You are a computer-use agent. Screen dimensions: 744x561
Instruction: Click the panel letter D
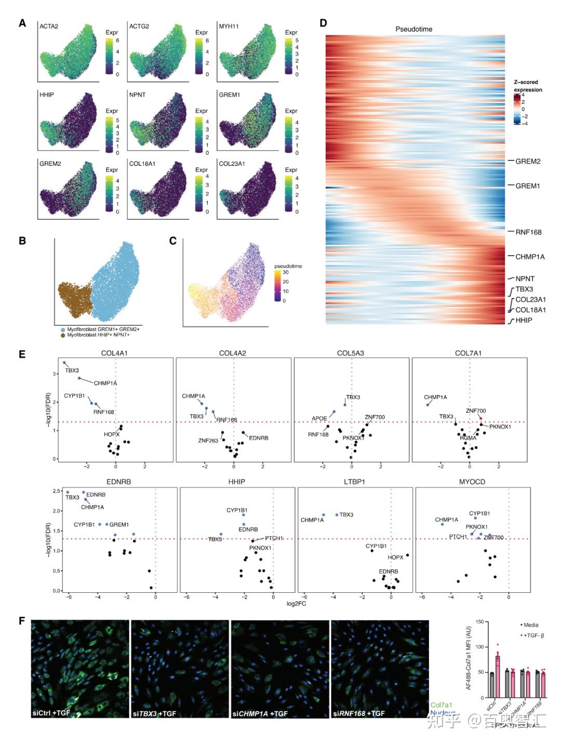pyautogui.click(x=323, y=23)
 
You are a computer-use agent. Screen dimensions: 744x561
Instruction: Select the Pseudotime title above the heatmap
pyautogui.click(x=413, y=29)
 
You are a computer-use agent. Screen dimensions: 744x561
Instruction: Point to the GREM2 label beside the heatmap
pyautogui.click(x=528, y=161)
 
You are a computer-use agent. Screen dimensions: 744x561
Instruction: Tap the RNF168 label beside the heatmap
pyautogui.click(x=528, y=232)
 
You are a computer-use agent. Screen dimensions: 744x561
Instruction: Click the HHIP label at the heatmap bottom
pyautogui.click(x=524, y=320)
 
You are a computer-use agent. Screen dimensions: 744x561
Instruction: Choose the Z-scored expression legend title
pyautogui.click(x=528, y=86)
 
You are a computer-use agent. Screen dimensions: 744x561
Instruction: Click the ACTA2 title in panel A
pyautogui.click(x=49, y=26)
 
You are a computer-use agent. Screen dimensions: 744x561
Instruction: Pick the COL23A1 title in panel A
pyautogui.click(x=232, y=164)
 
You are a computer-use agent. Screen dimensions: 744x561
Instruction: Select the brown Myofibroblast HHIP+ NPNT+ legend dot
pyautogui.click(x=63, y=335)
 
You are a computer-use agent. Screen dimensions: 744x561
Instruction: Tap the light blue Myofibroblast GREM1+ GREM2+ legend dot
pyautogui.click(x=63, y=329)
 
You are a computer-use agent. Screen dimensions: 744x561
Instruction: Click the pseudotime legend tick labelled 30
pyautogui.click(x=286, y=272)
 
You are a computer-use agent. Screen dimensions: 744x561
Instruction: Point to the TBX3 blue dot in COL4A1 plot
pyautogui.click(x=64, y=363)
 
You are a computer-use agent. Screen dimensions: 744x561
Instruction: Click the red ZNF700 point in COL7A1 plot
pyautogui.click(x=481, y=418)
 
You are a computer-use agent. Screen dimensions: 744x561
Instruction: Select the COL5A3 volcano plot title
pyautogui.click(x=350, y=353)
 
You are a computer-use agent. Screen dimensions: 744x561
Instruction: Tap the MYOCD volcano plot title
pyautogui.click(x=472, y=482)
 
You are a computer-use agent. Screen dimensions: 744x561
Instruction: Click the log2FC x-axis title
pyautogui.click(x=296, y=603)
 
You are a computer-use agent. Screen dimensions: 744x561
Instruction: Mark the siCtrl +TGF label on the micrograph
pyautogui.click(x=51, y=713)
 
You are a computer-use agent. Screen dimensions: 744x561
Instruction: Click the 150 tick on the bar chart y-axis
pyautogui.click(x=479, y=622)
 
